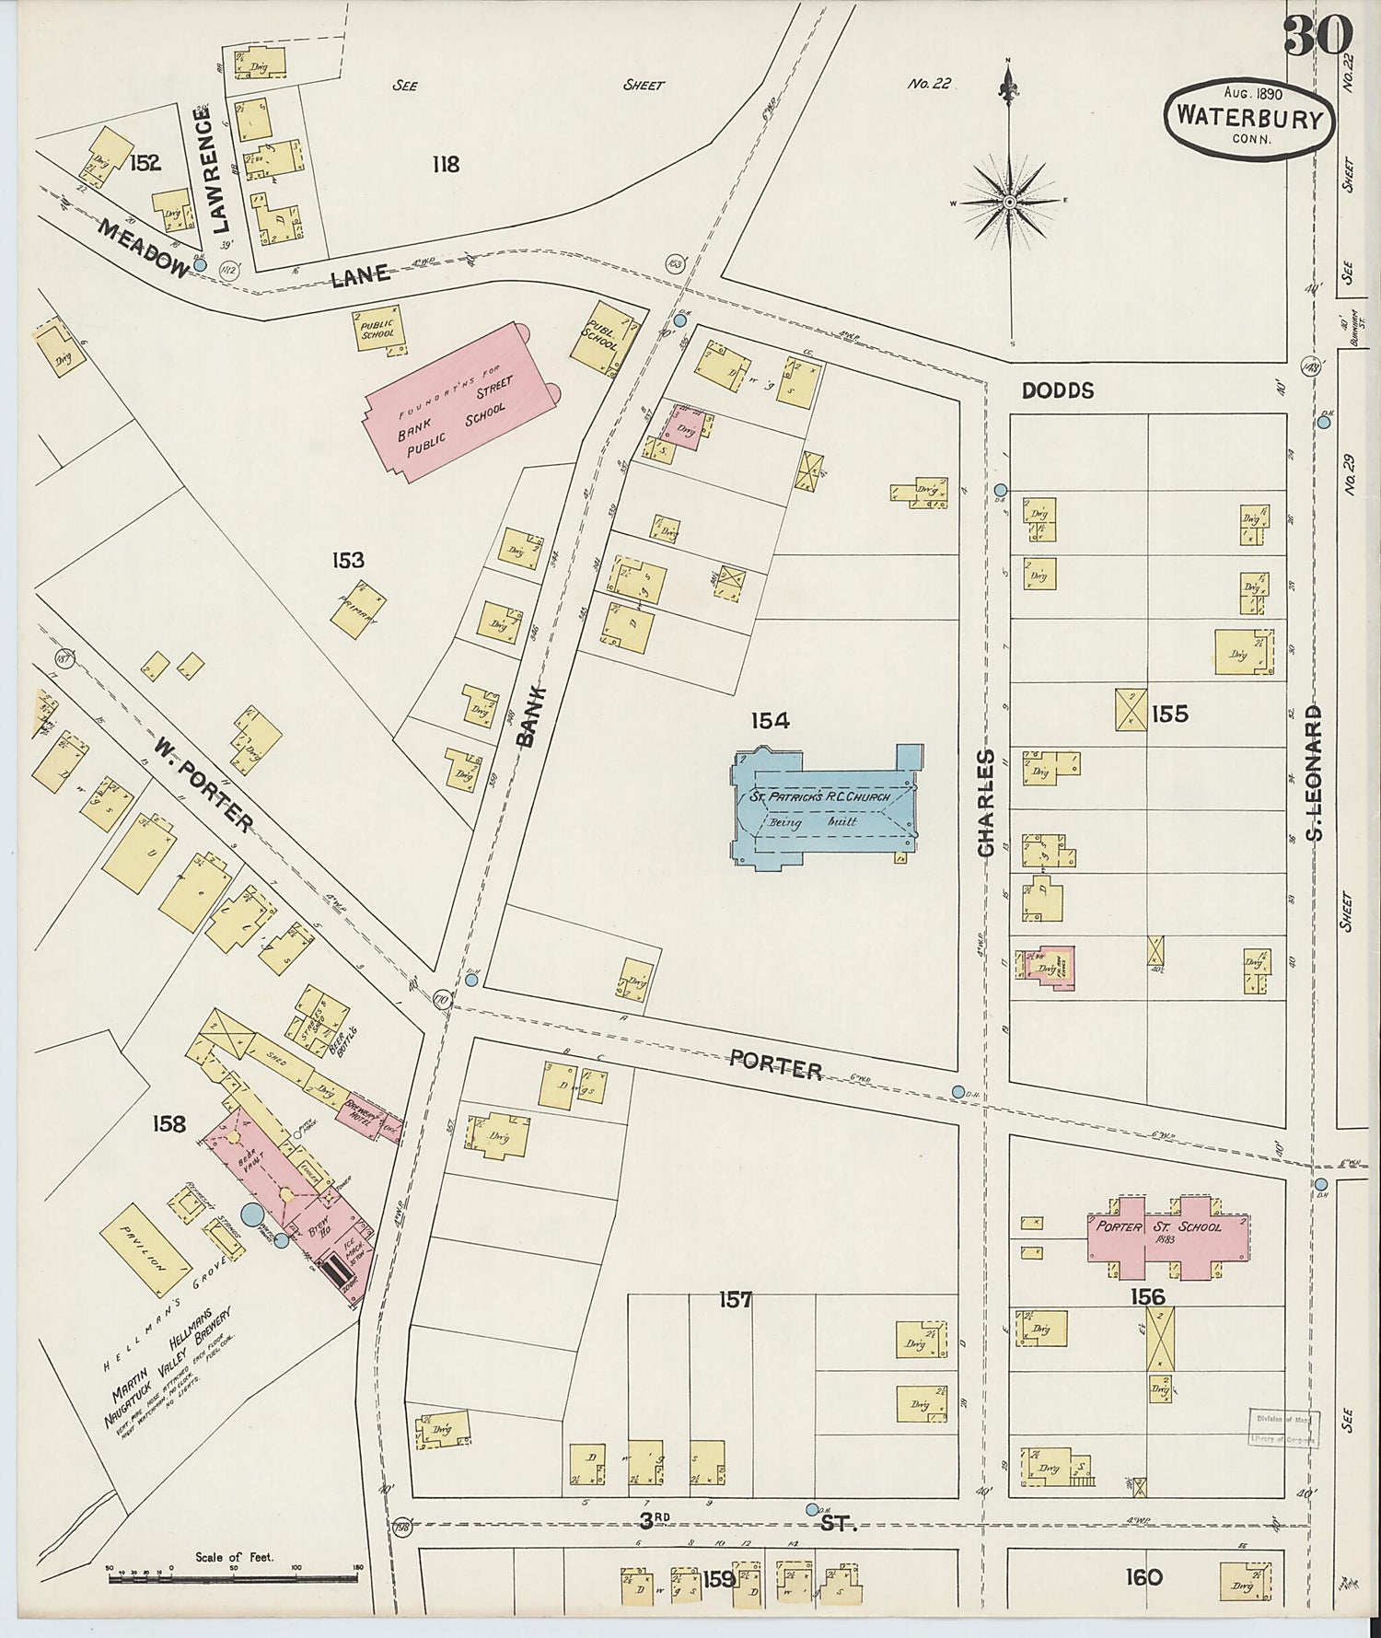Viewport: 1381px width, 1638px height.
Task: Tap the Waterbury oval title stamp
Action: [x=1248, y=118]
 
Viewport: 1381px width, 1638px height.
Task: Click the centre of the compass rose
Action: [x=1009, y=202]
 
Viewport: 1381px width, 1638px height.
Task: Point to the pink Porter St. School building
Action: [x=1167, y=1237]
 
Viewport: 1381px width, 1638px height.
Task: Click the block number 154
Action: [x=770, y=721]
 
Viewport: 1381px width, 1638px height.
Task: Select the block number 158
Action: [x=169, y=1124]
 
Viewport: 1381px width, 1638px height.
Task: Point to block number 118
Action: [x=446, y=165]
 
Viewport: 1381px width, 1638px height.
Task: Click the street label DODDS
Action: [x=1058, y=390]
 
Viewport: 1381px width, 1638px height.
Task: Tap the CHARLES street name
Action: [x=987, y=803]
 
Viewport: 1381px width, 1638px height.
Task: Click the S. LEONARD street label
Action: [x=1313, y=772]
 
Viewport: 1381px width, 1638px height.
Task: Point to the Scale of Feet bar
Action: [x=234, y=1579]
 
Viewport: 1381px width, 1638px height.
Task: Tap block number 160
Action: [x=1143, y=1578]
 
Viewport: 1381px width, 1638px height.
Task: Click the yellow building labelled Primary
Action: [x=357, y=609]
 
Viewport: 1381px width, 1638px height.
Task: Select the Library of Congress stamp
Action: [x=1283, y=1429]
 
